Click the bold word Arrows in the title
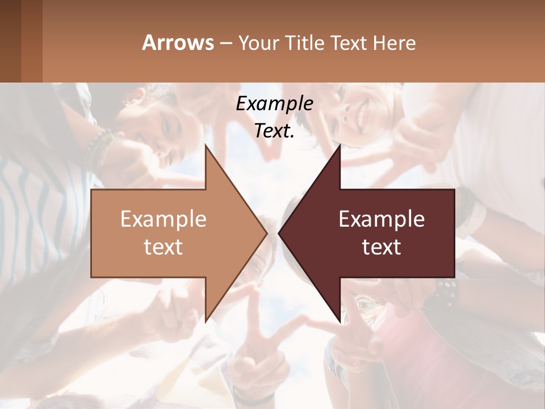click(178, 43)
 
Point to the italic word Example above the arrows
click(274, 104)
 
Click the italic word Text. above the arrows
click(274, 131)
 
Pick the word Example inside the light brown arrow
click(163, 219)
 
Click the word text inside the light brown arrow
click(163, 247)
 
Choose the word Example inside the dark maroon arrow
click(381, 219)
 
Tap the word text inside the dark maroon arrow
click(381, 247)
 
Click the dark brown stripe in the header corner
click(10, 41)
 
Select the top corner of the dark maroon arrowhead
click(340, 145)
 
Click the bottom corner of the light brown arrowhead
click(206, 321)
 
